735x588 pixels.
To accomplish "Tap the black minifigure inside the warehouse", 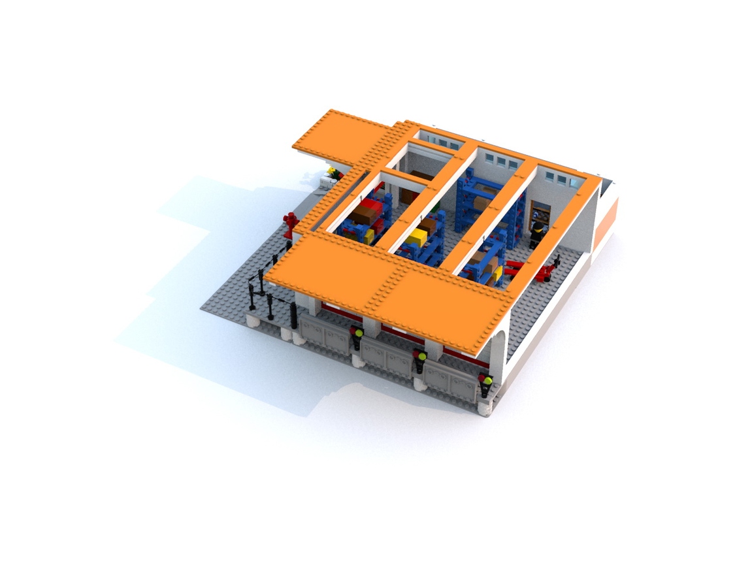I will tap(538, 233).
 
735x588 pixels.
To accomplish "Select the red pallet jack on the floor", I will tap(536, 269).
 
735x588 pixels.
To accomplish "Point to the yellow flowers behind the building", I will tap(332, 173).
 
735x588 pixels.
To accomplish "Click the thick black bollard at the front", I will tap(294, 318).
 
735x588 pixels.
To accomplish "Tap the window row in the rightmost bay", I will tap(559, 177).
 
